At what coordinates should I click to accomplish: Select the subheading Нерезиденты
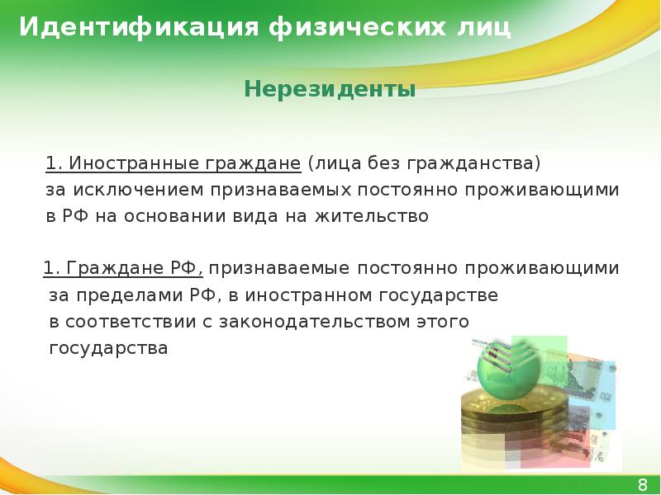click(x=330, y=88)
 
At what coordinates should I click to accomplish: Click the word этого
click(x=444, y=321)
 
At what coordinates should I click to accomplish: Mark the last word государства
click(x=108, y=348)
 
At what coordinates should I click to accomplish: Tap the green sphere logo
click(x=509, y=367)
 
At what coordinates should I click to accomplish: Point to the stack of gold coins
click(x=504, y=421)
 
